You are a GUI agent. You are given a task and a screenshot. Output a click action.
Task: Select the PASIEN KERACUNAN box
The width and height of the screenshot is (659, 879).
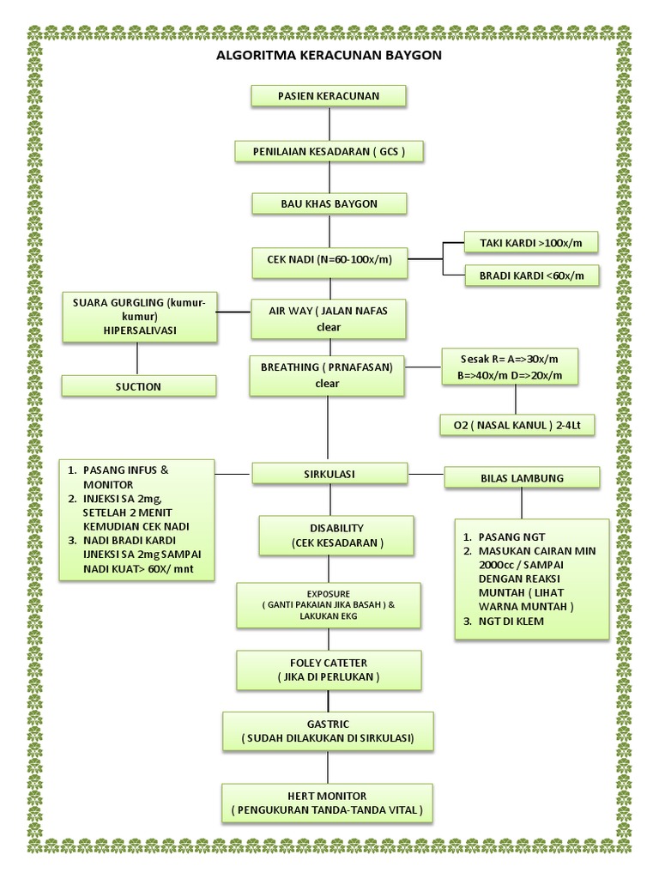pos(328,95)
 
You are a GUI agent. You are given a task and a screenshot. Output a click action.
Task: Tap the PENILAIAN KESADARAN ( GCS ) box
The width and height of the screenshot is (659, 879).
pos(329,151)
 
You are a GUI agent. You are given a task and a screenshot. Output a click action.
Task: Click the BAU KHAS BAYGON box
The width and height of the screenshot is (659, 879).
pos(329,203)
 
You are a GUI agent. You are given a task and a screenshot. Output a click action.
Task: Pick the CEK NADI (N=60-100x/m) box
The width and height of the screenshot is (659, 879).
pos(329,261)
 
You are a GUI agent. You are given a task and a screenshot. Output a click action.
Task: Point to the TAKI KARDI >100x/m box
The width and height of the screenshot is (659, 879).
pos(529,243)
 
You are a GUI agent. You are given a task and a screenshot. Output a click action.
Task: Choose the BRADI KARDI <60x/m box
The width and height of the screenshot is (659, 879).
pos(529,276)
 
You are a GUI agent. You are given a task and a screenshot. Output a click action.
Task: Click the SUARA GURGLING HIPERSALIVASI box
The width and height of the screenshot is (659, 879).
pos(138,317)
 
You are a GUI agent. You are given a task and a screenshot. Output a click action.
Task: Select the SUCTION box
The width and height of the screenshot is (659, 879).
pos(138,386)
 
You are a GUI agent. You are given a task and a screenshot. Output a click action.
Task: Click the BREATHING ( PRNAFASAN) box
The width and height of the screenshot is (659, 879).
pos(327,375)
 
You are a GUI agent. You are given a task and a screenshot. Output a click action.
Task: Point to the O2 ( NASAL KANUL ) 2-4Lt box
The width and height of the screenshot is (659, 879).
pos(517,425)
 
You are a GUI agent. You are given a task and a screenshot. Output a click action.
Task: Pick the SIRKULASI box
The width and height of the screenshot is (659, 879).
pos(329,474)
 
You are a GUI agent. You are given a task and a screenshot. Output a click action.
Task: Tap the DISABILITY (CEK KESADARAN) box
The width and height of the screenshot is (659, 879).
pos(336,536)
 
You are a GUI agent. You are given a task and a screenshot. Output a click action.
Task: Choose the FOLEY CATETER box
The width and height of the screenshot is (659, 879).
pos(329,670)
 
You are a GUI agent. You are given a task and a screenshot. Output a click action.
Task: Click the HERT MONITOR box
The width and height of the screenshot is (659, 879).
pos(327,803)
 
